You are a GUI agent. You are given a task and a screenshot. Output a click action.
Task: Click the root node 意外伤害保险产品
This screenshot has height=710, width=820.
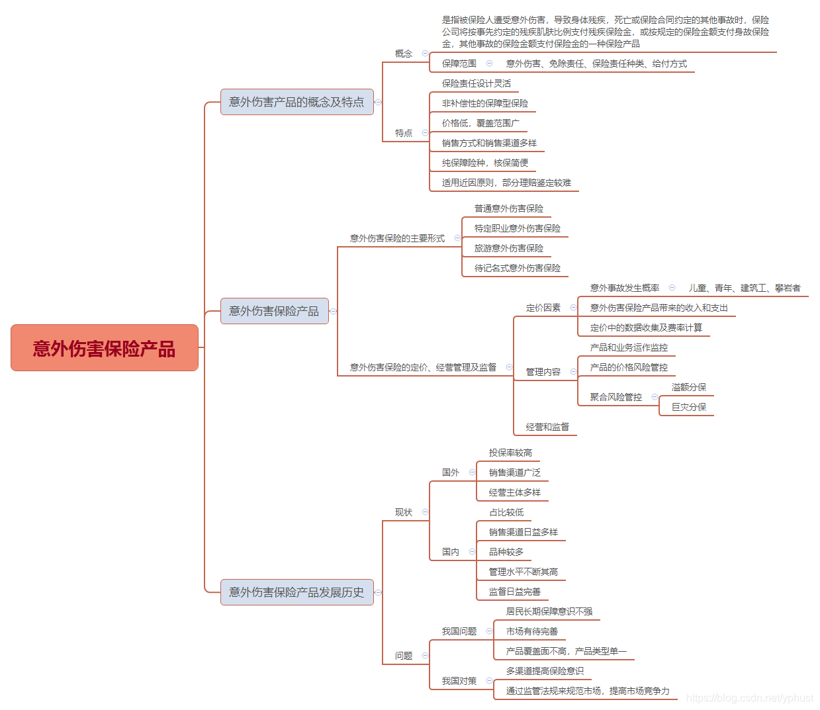[105, 348]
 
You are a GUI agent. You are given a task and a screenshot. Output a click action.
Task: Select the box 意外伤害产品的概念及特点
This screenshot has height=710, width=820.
[296, 102]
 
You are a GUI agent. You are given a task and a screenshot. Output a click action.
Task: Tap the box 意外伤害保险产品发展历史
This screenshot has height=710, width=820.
[296, 592]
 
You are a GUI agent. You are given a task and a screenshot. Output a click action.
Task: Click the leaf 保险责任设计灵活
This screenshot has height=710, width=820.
[477, 83]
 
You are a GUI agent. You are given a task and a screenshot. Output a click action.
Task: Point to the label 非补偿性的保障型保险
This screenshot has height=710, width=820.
[485, 103]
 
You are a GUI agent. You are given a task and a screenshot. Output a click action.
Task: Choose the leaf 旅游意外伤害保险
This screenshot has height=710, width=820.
[509, 248]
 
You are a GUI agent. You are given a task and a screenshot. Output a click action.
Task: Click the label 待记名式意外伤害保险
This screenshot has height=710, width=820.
[518, 268]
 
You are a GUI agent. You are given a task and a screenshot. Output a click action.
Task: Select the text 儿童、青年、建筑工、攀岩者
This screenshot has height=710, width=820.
[745, 288]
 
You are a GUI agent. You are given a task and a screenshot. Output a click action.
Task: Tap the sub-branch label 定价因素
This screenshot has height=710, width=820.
[543, 308]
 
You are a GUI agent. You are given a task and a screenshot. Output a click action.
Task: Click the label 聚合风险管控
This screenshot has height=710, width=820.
[616, 397]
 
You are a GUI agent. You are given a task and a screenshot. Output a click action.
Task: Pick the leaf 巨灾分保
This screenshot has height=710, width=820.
[689, 407]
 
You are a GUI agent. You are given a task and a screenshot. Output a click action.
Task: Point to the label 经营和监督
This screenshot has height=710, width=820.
[547, 427]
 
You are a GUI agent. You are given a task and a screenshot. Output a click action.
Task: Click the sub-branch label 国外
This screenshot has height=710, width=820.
[451, 472]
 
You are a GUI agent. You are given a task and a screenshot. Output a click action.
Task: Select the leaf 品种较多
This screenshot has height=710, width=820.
[506, 552]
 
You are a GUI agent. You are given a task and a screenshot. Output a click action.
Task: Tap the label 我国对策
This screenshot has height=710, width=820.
[459, 681]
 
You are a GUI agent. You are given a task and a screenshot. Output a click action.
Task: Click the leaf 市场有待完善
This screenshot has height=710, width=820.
[532, 631]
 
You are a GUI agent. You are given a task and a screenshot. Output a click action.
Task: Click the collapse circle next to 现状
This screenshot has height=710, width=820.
[425, 512]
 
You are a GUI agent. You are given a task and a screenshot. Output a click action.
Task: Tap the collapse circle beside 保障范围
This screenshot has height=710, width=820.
[489, 64]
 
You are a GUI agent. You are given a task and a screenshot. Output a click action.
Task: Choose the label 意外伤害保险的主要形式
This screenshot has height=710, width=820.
[397, 238]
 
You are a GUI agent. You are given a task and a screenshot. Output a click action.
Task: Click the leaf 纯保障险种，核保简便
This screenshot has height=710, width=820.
[485, 163]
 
